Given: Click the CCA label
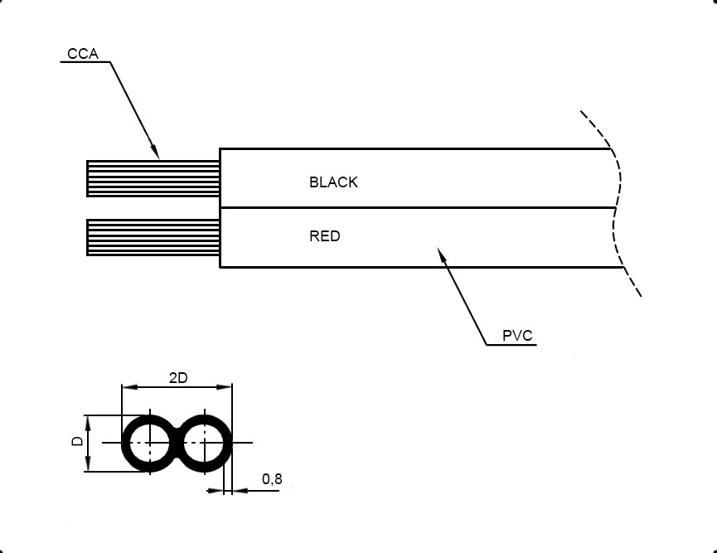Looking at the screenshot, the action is (x=83, y=54).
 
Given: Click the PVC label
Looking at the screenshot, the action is (x=517, y=336).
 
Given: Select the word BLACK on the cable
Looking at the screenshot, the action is (x=333, y=182).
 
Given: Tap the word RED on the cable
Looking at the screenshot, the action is (x=325, y=236).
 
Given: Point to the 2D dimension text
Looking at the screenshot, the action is (x=178, y=378).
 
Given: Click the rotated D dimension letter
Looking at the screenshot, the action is (x=78, y=441).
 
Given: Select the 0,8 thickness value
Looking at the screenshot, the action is (x=272, y=479).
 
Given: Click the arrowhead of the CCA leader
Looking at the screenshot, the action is (x=155, y=152).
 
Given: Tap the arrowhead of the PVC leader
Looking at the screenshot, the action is (x=441, y=255).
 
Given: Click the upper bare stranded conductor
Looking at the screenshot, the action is (x=153, y=178).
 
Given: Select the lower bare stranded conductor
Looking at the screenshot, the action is (x=153, y=237).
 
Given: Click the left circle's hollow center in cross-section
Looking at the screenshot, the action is (x=150, y=443).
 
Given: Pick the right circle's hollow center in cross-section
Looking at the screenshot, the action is (x=204, y=443).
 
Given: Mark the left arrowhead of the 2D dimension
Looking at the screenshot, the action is (x=130, y=387).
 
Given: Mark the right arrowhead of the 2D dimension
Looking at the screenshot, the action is (x=224, y=387).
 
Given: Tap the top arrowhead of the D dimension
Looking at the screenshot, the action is (x=87, y=423).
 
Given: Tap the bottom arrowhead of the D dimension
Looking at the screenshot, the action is (x=87, y=463).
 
